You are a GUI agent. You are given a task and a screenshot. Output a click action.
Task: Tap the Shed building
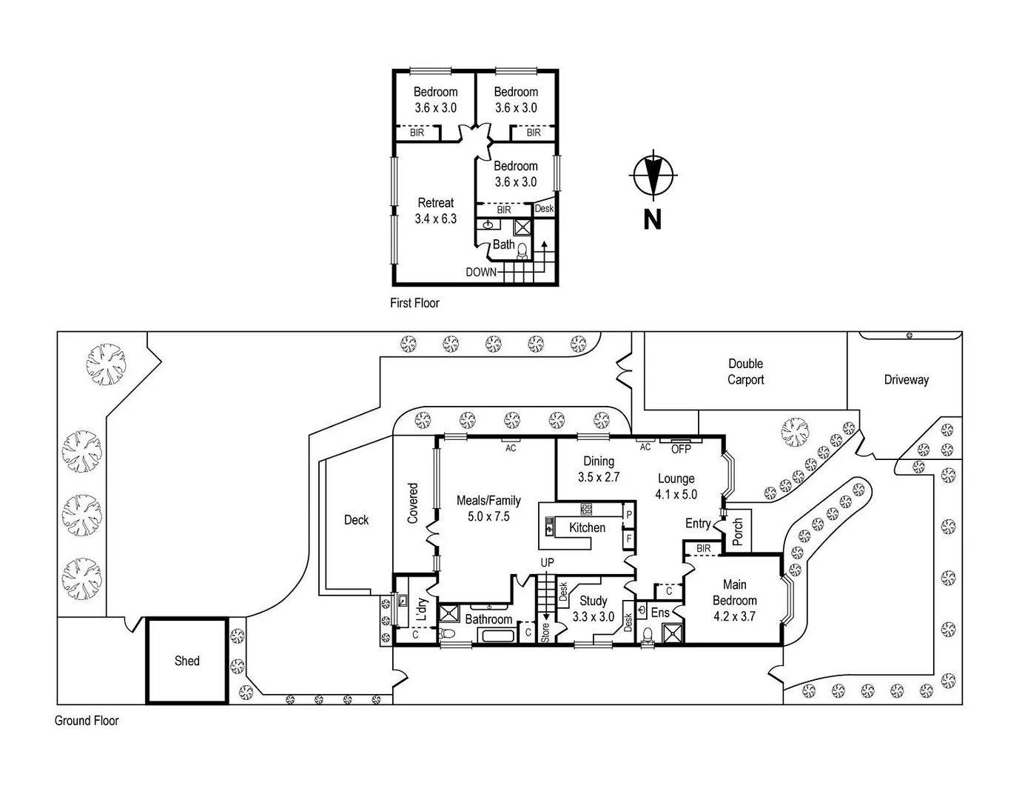(186, 661)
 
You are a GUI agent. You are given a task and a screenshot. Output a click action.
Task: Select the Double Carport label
(745, 372)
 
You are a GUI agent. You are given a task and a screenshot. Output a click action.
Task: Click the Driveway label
(906, 380)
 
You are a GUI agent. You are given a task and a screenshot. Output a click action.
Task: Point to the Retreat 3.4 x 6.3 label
(436, 211)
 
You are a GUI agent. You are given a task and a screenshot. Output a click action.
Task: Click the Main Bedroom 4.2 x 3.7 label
(734, 600)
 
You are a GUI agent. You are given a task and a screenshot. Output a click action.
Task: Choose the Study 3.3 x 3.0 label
(593, 608)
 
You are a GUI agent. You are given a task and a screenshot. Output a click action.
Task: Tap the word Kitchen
(587, 527)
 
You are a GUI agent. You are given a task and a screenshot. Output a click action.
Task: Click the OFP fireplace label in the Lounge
(680, 449)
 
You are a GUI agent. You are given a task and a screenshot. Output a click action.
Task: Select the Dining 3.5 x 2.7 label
(599, 470)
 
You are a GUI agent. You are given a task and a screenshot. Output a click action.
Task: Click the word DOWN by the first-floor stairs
(481, 272)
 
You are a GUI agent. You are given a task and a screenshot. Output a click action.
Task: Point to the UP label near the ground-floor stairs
(547, 563)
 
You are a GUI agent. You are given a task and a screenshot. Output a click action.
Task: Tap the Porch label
(738, 531)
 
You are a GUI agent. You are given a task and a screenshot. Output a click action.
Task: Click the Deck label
(356, 520)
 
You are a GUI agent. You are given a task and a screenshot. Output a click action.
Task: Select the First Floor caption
(414, 303)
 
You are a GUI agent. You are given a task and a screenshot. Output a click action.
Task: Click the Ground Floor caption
(87, 721)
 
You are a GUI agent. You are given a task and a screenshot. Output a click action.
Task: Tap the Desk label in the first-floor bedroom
(544, 209)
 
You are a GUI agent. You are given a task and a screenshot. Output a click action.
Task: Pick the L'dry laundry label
(422, 609)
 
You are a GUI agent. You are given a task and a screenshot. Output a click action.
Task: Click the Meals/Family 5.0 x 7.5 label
(488, 509)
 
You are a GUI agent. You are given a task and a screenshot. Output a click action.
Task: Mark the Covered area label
(413, 504)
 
